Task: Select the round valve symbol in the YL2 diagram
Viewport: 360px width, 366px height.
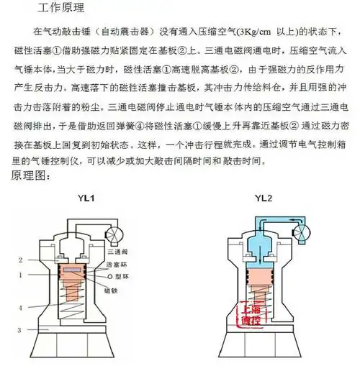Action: (302, 230)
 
